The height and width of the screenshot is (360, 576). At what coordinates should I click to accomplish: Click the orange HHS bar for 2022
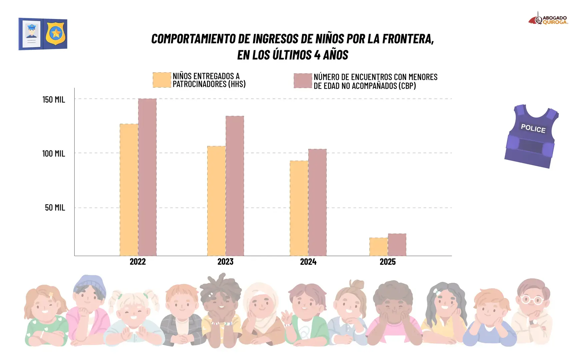(129, 190)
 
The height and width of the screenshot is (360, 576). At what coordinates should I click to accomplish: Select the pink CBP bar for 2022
(147, 177)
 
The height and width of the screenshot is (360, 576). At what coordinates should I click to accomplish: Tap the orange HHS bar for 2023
(216, 201)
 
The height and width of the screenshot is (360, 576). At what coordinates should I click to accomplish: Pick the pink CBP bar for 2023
(235, 186)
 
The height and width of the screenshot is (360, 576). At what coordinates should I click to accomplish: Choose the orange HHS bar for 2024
(299, 208)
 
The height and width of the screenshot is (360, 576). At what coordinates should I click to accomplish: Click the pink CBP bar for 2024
(317, 202)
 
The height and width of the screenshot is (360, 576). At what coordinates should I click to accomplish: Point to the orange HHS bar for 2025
(378, 247)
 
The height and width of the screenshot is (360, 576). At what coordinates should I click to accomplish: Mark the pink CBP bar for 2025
(397, 245)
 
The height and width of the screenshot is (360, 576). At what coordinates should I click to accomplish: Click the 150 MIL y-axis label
(54, 100)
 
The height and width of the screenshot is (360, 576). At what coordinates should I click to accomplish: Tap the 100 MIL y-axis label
(53, 154)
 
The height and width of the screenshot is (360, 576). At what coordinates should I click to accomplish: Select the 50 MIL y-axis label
(55, 208)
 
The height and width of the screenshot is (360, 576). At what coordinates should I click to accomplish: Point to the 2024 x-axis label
(308, 262)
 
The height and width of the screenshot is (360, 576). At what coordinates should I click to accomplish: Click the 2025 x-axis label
(387, 262)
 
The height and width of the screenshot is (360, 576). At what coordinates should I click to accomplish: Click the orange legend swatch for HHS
(162, 80)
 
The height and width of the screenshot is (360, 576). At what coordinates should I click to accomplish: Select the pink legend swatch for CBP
(303, 81)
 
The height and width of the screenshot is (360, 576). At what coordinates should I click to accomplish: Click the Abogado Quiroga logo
(548, 20)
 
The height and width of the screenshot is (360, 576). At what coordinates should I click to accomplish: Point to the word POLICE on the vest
(533, 128)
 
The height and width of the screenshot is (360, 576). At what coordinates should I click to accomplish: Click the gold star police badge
(56, 33)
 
